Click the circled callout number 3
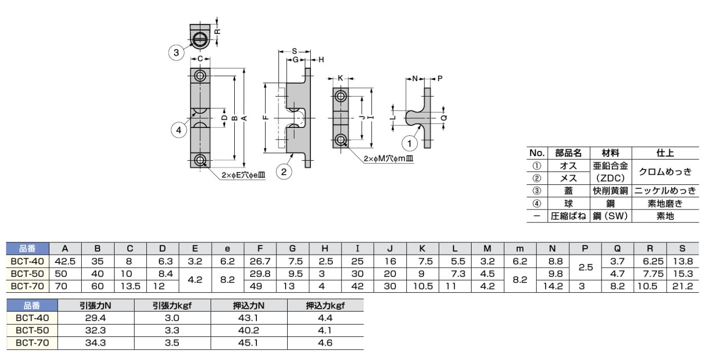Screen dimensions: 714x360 coord(176,52)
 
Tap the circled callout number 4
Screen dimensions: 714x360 coord(179,130)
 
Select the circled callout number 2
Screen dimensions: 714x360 coord(284,172)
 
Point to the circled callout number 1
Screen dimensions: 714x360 coord(409,143)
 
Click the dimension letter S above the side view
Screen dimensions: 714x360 coord(294,51)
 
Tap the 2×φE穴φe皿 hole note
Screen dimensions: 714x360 coord(243,175)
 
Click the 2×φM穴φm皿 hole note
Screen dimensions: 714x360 coord(388,159)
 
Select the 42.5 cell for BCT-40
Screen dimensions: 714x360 coord(65,261)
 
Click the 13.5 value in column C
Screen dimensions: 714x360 coord(130,286)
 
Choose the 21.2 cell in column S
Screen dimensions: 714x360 coord(683,286)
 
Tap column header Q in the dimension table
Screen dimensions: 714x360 coord(617,249)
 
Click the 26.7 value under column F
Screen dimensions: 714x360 coord(260,261)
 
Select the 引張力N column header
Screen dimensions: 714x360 coord(96,306)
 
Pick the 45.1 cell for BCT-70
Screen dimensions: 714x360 coord(248,343)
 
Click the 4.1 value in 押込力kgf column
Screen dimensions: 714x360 coord(325,330)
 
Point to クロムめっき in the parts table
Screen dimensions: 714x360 coord(665,172)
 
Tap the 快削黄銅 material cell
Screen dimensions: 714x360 coord(610,191)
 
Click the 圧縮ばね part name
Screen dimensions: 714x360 coord(569,216)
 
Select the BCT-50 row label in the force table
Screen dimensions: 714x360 coord(32,330)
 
